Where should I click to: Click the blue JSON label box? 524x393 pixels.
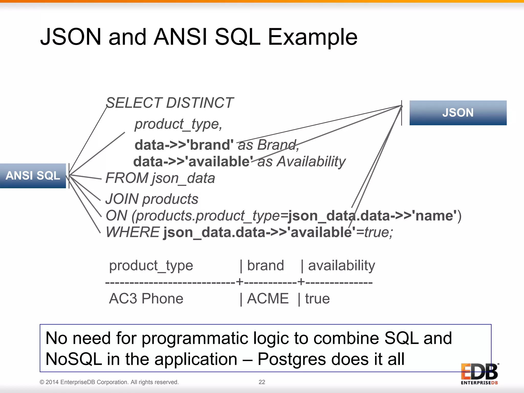pos(458,113)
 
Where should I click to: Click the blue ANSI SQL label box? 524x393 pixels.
pos(33,176)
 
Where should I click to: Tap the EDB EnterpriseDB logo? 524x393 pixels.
pos(479,374)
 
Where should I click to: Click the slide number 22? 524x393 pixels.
pos(262,382)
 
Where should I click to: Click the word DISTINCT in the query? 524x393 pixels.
pos(200,103)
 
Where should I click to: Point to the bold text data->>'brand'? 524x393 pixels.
pos(184,145)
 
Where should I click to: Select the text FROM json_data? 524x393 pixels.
pos(160,178)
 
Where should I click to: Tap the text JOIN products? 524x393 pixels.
pos(152,199)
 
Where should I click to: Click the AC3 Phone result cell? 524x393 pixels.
pos(146,299)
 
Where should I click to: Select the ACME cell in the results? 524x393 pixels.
pos(268,299)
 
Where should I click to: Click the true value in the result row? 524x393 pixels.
pos(317,299)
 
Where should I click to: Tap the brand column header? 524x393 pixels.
pos(265,266)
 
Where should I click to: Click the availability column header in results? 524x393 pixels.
pos(341,266)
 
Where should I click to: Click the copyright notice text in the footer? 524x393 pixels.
pos(109,382)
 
